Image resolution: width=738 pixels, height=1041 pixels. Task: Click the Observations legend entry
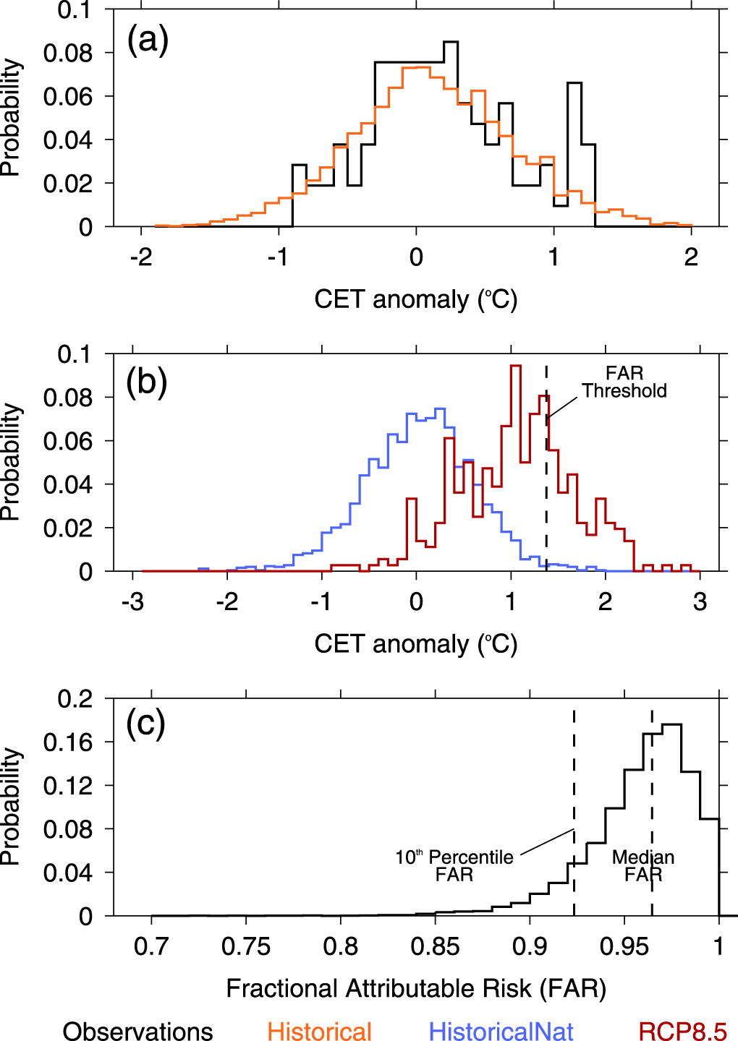(137, 1030)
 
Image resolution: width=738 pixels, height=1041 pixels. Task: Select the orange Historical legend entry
(319, 1030)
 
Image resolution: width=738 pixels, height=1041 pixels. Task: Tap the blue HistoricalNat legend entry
(501, 1030)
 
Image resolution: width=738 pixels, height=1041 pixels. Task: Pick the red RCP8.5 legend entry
(682, 1030)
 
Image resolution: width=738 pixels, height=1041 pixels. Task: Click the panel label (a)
(148, 40)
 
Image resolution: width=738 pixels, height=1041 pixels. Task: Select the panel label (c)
(145, 723)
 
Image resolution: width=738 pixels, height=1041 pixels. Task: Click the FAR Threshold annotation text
(624, 382)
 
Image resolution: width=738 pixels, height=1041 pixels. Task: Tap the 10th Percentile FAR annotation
(454, 865)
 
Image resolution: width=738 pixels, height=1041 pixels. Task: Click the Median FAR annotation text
(643, 865)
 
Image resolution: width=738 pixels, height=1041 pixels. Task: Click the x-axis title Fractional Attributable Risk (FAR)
(416, 988)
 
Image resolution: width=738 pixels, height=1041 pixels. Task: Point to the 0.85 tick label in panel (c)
(435, 946)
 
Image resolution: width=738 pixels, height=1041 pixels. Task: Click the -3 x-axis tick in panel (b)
(132, 602)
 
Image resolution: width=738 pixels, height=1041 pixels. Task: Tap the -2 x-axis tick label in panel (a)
(141, 257)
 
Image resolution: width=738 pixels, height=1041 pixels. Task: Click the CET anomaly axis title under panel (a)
(416, 299)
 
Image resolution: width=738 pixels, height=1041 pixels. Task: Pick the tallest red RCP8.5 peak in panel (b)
(516, 367)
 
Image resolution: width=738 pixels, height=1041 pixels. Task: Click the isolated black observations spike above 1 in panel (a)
(574, 85)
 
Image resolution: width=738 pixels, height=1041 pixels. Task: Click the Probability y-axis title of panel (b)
(10, 462)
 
